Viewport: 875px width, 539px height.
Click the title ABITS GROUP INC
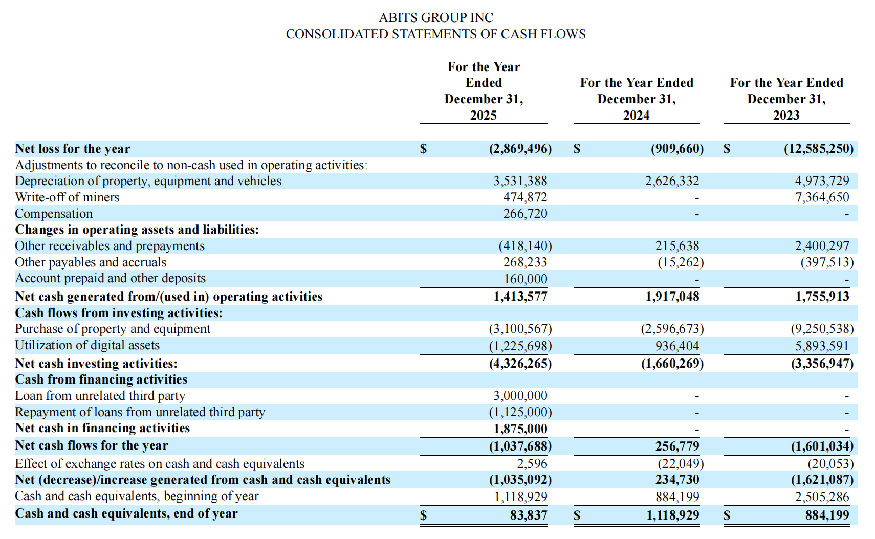435,17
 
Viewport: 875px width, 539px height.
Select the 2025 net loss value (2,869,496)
520,149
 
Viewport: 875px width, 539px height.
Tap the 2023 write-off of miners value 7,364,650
821,197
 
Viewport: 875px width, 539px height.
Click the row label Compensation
54,214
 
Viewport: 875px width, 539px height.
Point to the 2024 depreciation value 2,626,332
671,181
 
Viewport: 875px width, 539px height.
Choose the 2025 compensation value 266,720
524,214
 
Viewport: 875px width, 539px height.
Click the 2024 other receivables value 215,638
676,246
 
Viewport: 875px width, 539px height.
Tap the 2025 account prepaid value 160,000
525,279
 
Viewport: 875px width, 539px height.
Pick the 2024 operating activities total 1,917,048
672,297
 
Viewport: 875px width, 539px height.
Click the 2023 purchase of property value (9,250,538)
822,329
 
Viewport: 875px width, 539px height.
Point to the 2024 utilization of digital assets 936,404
676,346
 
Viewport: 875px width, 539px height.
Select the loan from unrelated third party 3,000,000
520,396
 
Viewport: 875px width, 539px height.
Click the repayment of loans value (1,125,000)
520,412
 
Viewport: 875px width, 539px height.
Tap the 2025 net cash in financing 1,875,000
520,429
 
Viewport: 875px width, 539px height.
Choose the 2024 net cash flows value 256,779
676,446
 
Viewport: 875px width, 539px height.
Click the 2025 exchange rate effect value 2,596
532,464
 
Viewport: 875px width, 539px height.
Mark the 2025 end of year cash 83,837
528,515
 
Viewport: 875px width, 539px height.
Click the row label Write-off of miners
67,197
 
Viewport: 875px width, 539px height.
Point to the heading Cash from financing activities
101,379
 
